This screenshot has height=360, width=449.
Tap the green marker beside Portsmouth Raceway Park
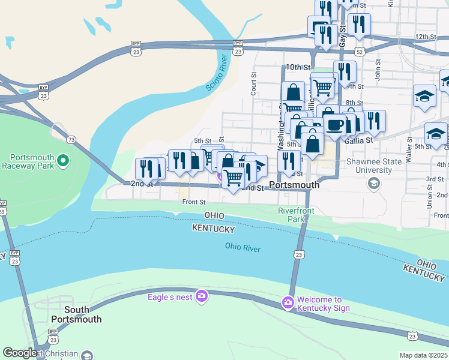tap(65, 160)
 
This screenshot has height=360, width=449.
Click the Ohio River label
tap(243, 247)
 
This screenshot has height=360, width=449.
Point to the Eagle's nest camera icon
tap(202, 296)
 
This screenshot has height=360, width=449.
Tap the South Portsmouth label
tap(76, 314)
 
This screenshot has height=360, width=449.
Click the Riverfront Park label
tap(292, 215)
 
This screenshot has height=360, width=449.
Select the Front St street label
tap(194, 202)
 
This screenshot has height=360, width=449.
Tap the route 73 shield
tap(71, 140)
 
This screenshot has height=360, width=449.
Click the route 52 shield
tap(360, 52)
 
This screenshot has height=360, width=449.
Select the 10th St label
tap(299, 67)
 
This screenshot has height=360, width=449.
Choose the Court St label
tap(253, 83)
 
